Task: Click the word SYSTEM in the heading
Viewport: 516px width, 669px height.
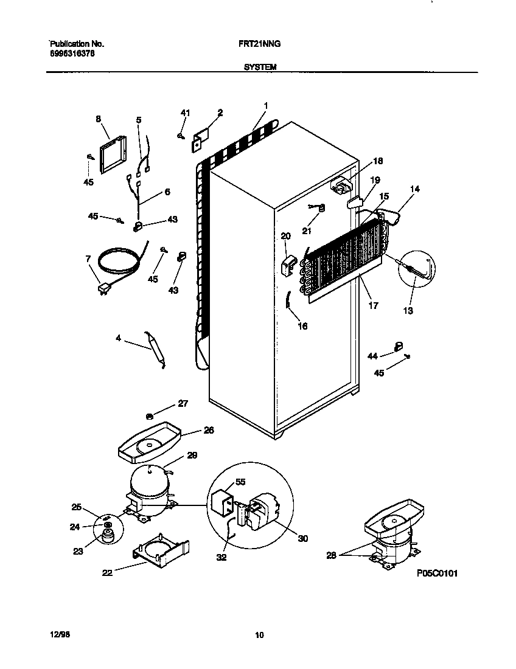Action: pos(260,68)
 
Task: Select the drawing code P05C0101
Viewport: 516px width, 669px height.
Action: pos(437,573)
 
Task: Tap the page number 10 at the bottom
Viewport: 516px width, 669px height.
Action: pos(259,636)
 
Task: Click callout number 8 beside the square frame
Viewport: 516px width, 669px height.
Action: pos(98,119)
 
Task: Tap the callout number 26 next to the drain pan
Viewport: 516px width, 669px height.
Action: pos(209,430)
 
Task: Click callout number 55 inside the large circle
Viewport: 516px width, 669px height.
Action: pos(240,482)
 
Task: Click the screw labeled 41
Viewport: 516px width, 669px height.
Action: pos(181,136)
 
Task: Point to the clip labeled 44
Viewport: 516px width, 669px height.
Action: pos(399,346)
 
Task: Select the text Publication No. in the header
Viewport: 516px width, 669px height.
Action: pos(77,44)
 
